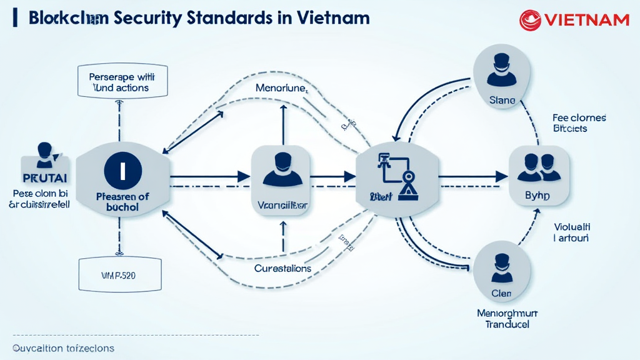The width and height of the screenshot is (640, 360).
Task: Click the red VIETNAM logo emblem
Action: click(530, 20)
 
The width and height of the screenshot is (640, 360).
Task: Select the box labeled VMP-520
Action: click(119, 274)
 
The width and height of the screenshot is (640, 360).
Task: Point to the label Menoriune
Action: click(281, 88)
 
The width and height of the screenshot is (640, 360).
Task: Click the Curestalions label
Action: click(282, 268)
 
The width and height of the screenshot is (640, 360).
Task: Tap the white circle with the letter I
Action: click(122, 169)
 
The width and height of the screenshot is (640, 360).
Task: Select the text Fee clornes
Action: click(579, 117)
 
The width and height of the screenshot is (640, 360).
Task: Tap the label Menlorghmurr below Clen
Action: click(507, 313)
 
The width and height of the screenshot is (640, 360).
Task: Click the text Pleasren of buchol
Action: click(122, 201)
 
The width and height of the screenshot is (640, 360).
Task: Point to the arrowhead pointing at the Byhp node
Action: click(501, 177)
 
